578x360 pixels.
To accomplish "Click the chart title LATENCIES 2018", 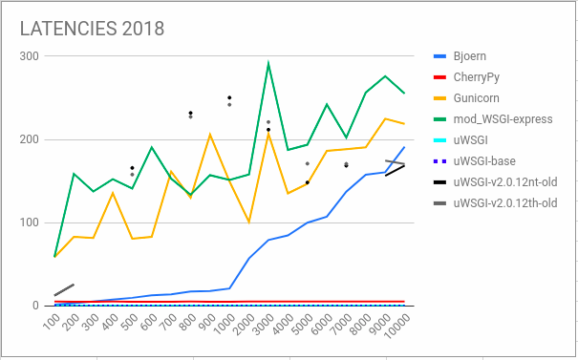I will point(92,28).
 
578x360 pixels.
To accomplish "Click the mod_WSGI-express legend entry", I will point(502,119).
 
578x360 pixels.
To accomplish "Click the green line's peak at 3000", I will point(268,63).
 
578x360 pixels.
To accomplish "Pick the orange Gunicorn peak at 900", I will point(210,135).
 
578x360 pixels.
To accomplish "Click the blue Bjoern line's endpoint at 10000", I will point(404,147).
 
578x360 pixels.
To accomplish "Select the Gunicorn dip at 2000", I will point(248,222).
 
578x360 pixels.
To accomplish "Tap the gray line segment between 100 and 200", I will point(65,289).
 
